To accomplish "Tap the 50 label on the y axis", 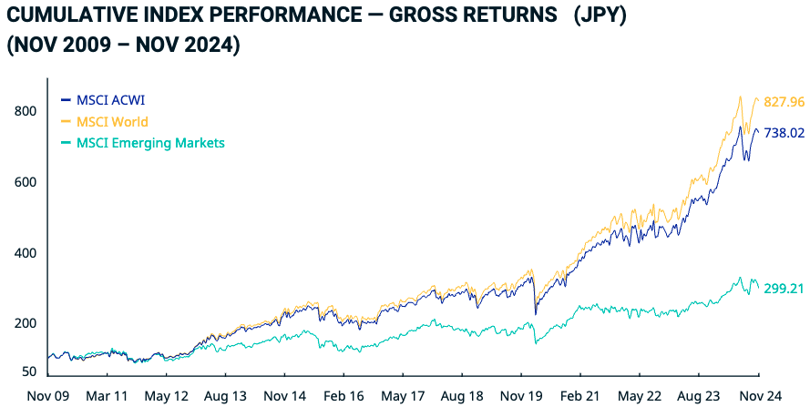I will [28, 372].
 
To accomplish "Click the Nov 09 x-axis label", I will [47, 397].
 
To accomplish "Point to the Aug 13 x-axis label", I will [224, 397].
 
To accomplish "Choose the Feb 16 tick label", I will [343, 397].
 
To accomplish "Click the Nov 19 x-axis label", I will [522, 397].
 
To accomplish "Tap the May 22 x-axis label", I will [641, 397].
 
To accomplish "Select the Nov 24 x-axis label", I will [758, 397].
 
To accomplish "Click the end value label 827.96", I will [785, 103].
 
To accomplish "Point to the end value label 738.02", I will [785, 133].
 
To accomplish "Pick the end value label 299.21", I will [785, 289].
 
